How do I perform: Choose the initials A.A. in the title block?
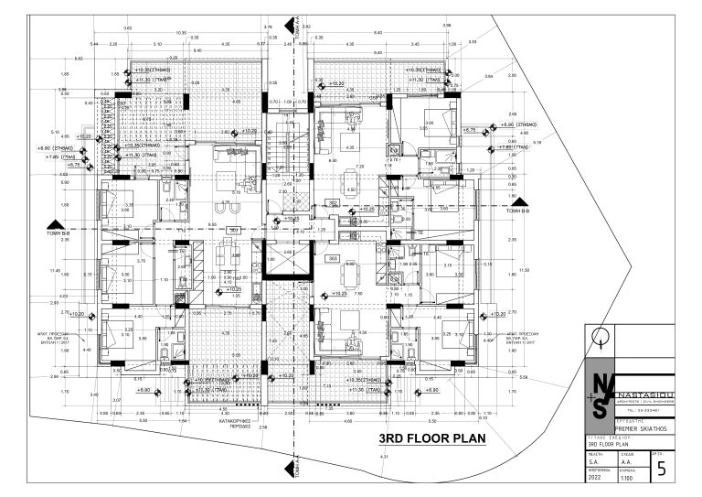pyautogui.click(x=626, y=463)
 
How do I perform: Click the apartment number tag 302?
pyautogui.click(x=334, y=203)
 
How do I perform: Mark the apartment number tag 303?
pyautogui.click(x=334, y=258)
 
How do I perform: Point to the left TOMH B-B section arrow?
pyautogui.click(x=58, y=225)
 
